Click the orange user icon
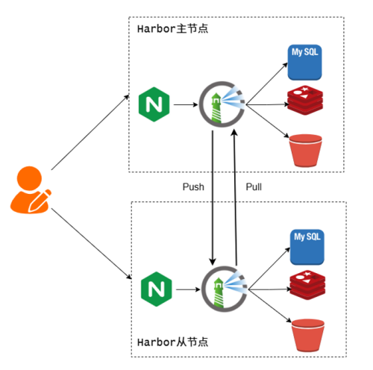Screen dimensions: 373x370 coord(31,190)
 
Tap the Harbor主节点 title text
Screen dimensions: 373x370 coord(172,29)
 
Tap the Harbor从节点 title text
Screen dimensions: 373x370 coord(172,342)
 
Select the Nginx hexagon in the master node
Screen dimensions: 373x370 coord(154,104)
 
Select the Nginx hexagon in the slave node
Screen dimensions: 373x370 coord(157,289)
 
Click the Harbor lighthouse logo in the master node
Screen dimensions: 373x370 coord(222,104)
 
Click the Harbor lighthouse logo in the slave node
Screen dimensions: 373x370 coord(225,289)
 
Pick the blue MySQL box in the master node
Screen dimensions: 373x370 coord(304,63)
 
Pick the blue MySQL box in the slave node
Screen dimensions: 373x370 coord(307,247)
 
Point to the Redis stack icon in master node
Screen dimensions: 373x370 coord(305,100)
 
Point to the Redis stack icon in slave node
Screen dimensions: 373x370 coord(307,285)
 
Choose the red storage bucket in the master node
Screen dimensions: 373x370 coord(306,151)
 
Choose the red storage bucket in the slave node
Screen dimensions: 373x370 coord(308,335)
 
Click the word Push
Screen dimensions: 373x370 coord(193,187)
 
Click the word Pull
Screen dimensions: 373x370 coord(254,187)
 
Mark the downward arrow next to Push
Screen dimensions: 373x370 coord(213,198)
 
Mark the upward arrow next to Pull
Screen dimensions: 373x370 coord(235,198)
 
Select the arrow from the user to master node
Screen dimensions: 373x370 coord(90,132)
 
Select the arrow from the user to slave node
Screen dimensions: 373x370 coord(91,244)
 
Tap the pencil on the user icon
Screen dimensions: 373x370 coord(40,201)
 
